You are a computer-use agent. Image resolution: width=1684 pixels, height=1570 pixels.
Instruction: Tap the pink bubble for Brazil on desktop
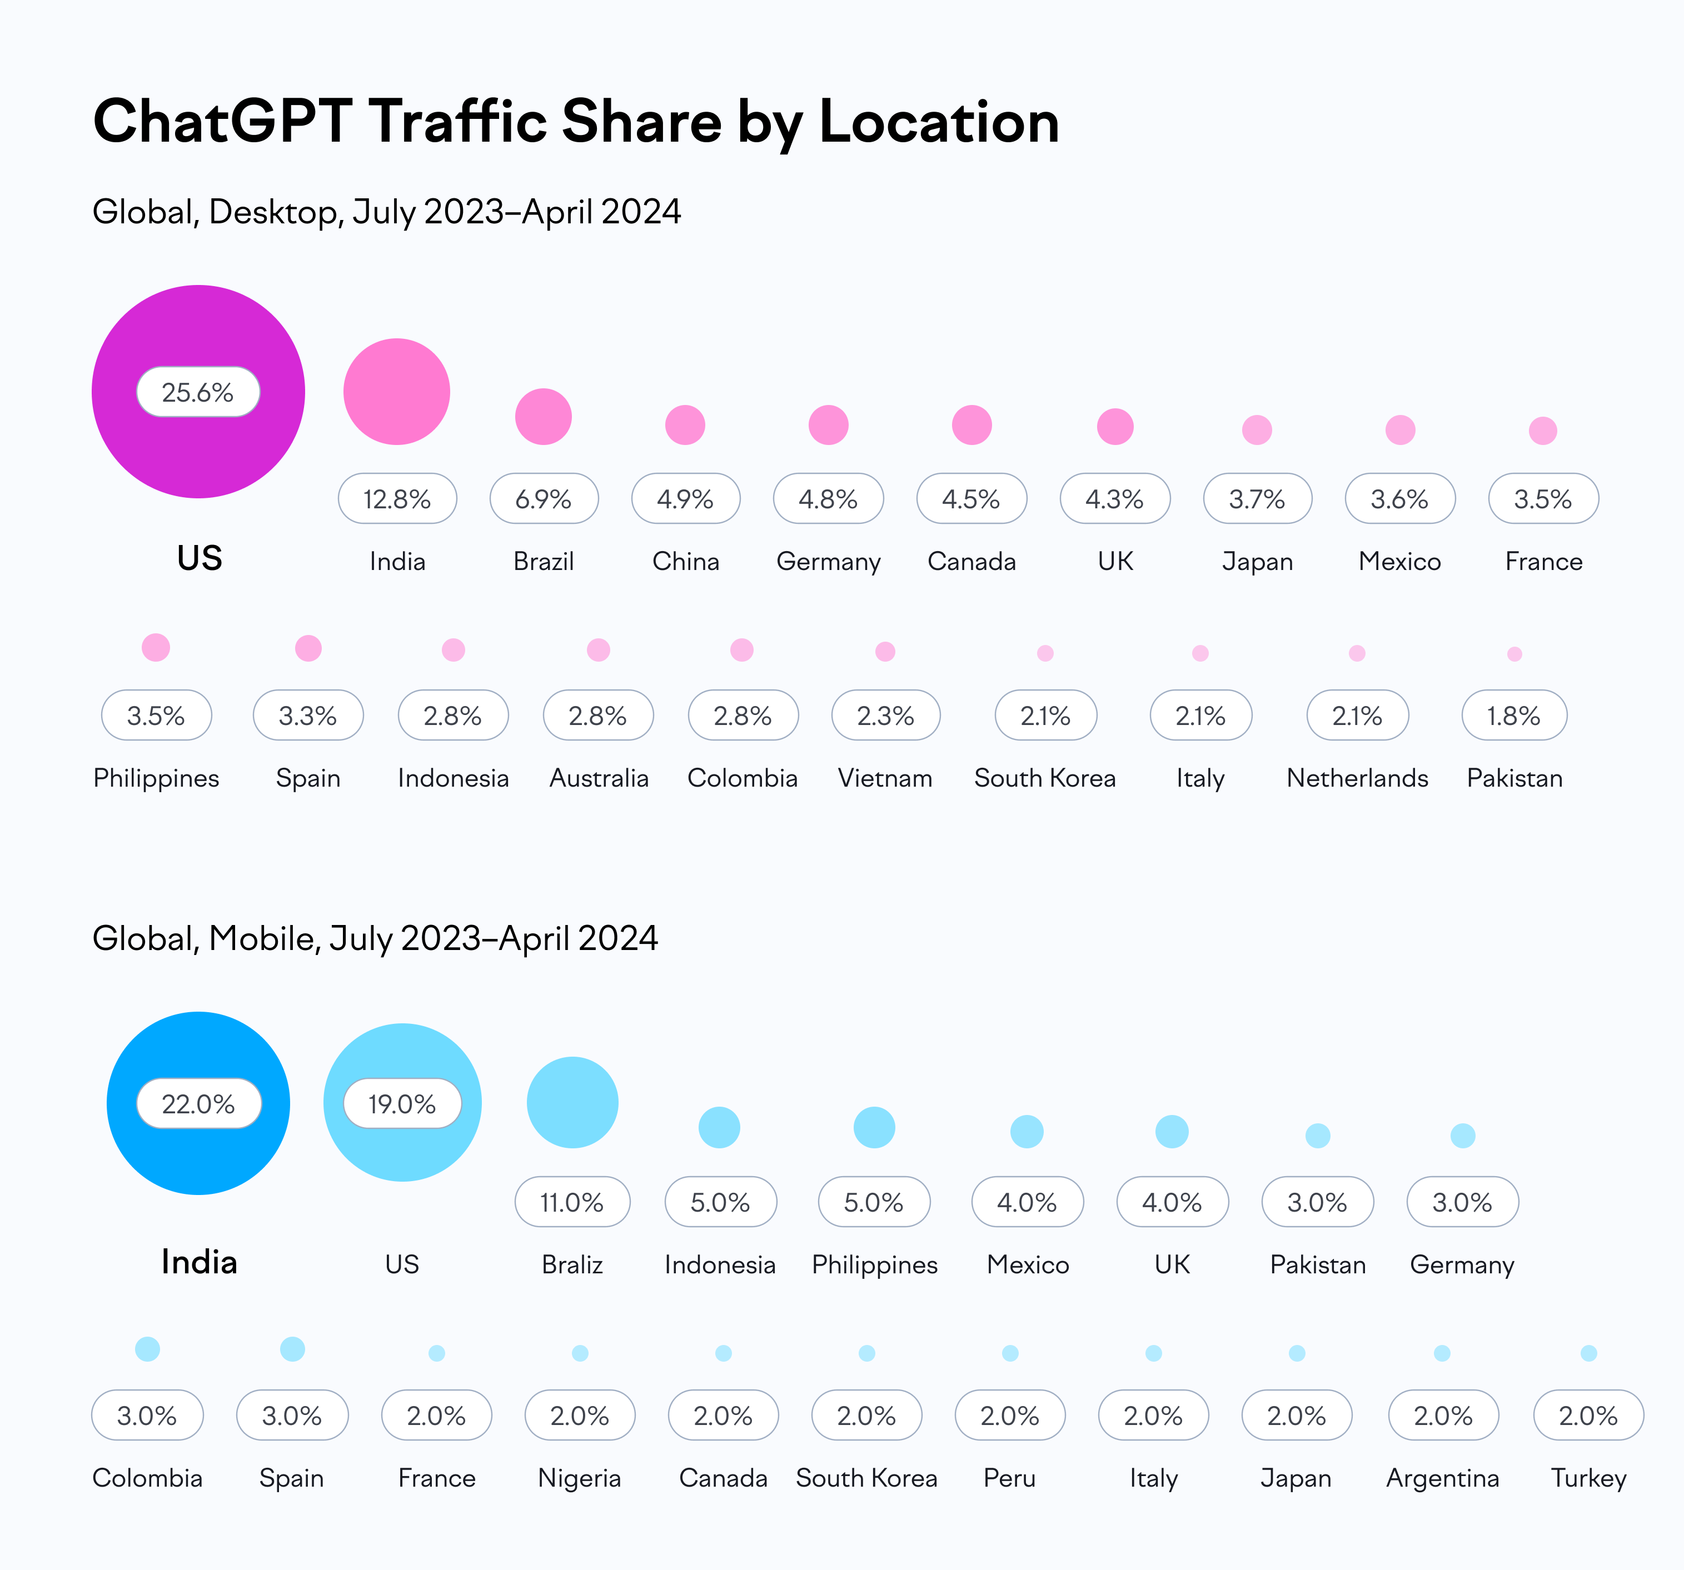pyautogui.click(x=543, y=417)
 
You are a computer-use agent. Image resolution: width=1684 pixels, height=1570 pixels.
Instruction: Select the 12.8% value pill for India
pyautogui.click(x=397, y=499)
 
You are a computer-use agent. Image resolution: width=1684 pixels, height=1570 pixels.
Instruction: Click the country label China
pyautogui.click(x=685, y=562)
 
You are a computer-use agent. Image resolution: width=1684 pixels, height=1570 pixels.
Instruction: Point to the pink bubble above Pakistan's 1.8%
pyautogui.click(x=1514, y=654)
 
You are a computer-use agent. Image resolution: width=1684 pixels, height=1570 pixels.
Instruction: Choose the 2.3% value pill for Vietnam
pyautogui.click(x=885, y=716)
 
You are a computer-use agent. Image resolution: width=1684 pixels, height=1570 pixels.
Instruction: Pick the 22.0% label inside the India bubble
pyautogui.click(x=198, y=1103)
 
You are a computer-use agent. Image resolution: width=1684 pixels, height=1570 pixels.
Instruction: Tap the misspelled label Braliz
pyautogui.click(x=572, y=1264)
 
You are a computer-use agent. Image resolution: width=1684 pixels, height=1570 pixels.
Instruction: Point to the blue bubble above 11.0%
pyautogui.click(x=572, y=1103)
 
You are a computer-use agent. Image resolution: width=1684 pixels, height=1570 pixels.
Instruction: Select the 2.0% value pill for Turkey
pyautogui.click(x=1588, y=1415)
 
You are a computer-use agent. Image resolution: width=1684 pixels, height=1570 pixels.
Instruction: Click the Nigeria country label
pyautogui.click(x=580, y=1478)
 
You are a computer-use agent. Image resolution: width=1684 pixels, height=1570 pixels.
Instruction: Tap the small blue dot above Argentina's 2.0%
pyautogui.click(x=1442, y=1353)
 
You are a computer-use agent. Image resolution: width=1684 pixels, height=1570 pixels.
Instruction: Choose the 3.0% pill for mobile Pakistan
pyautogui.click(x=1317, y=1202)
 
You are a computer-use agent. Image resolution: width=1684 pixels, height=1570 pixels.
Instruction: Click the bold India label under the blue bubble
pyautogui.click(x=199, y=1262)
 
